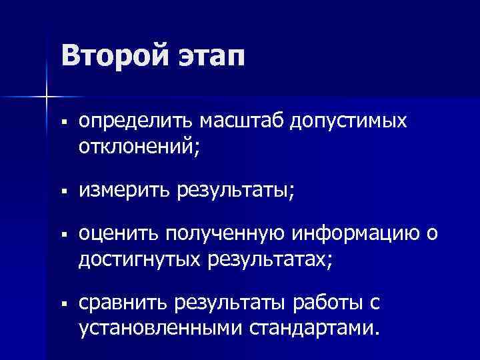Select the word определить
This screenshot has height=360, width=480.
coord(133,123)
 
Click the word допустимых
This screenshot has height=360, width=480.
coord(351,123)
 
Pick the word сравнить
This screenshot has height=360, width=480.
coord(123,306)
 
